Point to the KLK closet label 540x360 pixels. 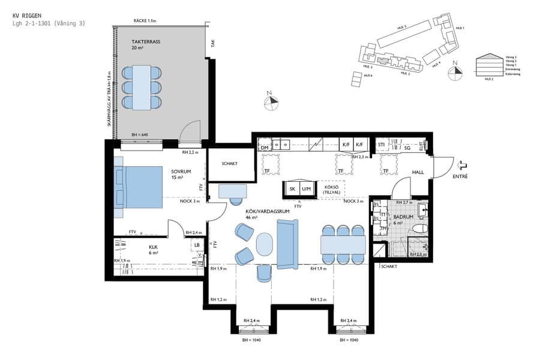[153, 246]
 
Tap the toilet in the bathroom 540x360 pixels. [418, 229]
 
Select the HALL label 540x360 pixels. [418, 173]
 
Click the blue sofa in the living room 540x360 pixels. [287, 243]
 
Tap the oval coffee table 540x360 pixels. [264, 244]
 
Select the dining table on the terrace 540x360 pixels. [142, 87]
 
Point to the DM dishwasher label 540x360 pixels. [265, 147]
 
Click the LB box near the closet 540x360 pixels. [197, 244]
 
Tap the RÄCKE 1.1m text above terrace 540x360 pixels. [145, 21]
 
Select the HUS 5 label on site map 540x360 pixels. [401, 27]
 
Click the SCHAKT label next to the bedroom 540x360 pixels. [229, 163]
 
